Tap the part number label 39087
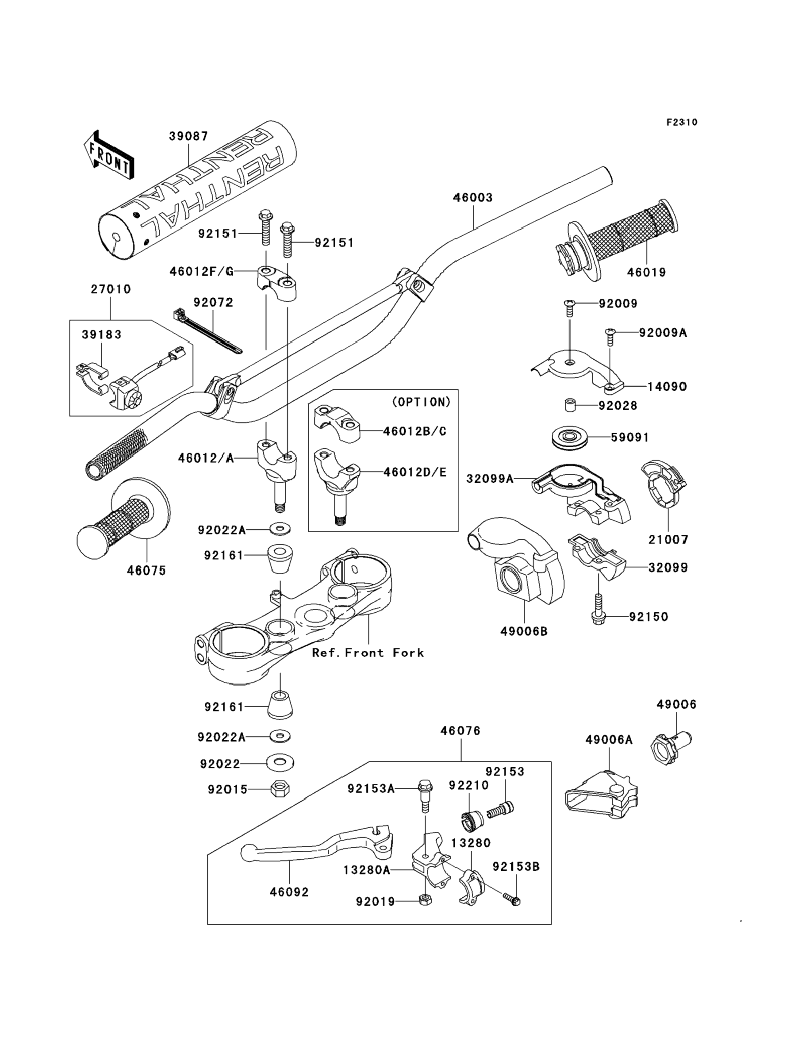[188, 136]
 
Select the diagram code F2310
[682, 122]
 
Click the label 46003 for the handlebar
[472, 197]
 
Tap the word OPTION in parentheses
[421, 402]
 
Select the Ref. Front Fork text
[368, 653]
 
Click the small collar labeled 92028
[570, 406]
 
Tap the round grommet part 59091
[570, 437]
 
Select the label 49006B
[524, 631]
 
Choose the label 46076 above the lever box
[460, 730]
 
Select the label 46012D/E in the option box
[414, 472]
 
